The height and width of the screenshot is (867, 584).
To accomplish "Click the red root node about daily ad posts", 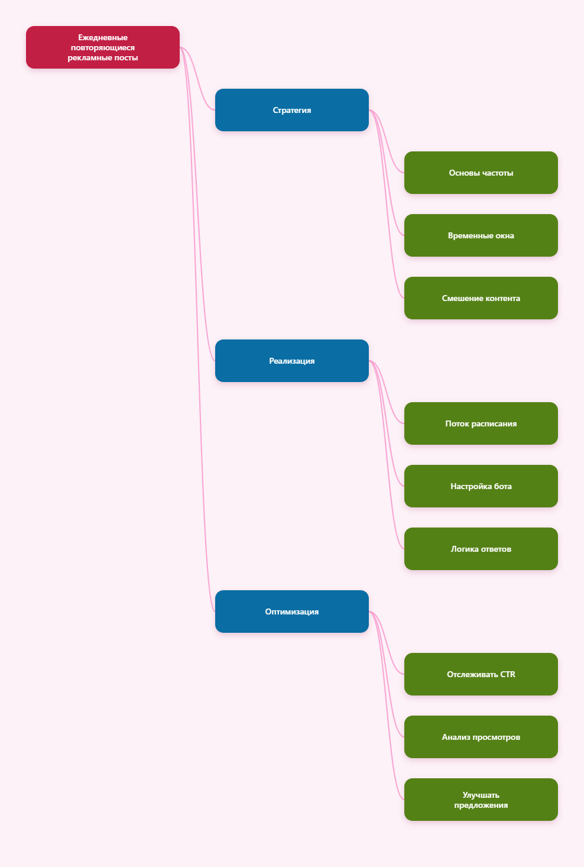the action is pos(103,47).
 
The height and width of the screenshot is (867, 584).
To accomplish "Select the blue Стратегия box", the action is pos(292,110).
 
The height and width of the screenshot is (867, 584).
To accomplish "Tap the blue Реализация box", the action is pos(292,361).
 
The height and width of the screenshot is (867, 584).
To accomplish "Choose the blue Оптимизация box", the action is pos(292,612).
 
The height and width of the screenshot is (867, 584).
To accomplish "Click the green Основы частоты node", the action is pos(481,173).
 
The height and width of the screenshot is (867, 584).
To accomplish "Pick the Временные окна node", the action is pos(481,235).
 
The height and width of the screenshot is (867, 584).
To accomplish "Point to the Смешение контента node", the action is pos(481,298).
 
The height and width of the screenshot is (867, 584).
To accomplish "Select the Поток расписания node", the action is pos(481,423).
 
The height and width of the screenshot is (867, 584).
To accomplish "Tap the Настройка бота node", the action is pos(481,486).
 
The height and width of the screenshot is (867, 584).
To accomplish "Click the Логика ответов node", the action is pos(481,549).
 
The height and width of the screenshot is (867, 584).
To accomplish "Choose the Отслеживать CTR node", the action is pos(481,674).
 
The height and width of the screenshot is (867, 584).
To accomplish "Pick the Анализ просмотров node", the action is pos(481,737).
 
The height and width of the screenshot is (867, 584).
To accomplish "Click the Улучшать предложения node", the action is pos(481,800).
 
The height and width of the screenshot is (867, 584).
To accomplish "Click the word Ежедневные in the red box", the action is pos(103,37).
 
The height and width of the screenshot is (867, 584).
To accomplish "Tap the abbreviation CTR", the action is pos(508,674).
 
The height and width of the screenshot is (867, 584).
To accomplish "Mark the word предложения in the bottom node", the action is pos(481,805).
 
